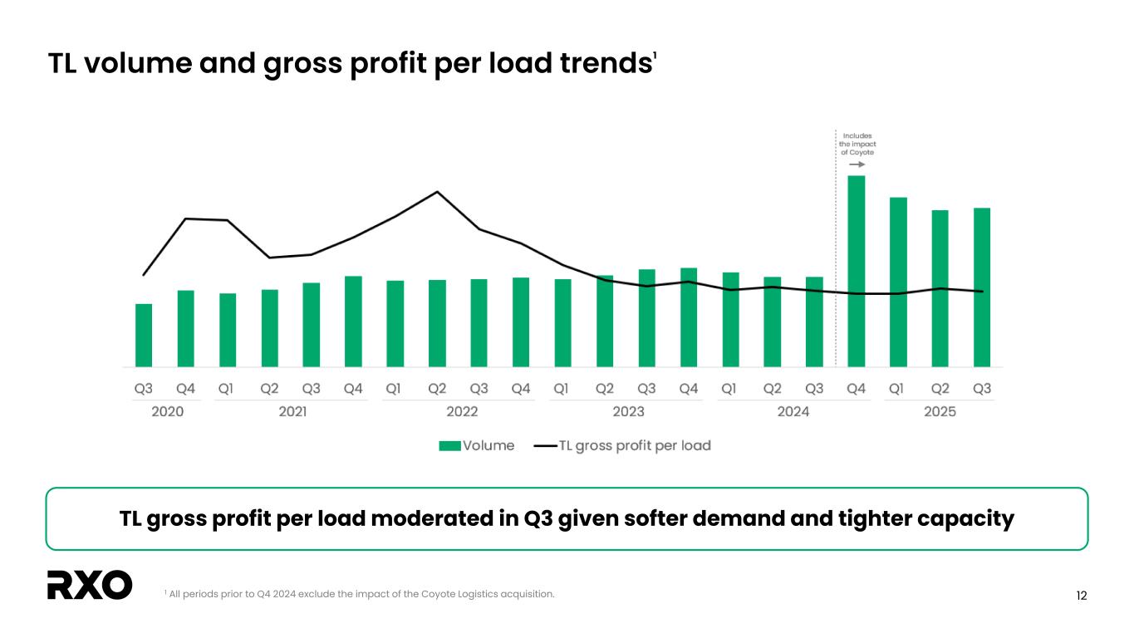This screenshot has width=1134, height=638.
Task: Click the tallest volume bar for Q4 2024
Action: (856, 271)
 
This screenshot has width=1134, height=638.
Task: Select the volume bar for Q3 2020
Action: (144, 335)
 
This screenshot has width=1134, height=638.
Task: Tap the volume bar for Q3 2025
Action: (982, 287)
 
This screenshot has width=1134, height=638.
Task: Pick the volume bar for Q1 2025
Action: (898, 282)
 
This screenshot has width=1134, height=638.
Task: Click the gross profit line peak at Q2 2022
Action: (437, 192)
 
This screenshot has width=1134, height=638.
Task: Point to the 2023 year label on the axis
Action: (628, 411)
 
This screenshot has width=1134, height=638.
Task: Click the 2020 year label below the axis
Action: (167, 411)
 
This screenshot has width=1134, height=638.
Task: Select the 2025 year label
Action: (940, 411)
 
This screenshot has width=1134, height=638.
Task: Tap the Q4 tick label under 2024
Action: (856, 389)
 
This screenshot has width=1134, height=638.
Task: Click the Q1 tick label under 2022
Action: (395, 389)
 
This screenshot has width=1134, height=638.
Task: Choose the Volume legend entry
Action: (477, 445)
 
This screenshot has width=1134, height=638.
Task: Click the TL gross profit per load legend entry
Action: (623, 445)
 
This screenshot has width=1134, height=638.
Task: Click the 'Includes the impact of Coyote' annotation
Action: (857, 145)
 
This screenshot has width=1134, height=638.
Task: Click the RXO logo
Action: (90, 585)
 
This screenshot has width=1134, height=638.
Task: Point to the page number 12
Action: (1081, 596)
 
